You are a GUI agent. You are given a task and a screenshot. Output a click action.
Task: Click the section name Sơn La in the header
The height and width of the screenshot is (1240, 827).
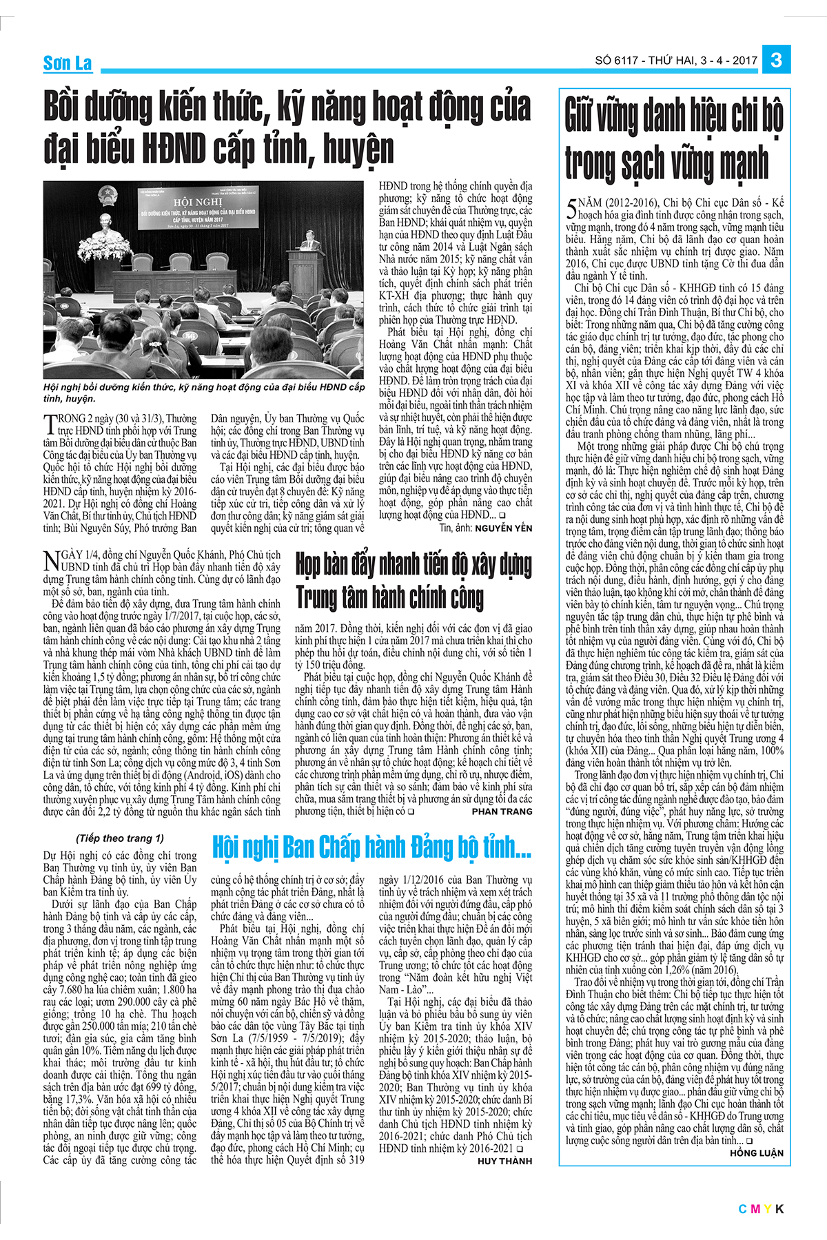pos(67,63)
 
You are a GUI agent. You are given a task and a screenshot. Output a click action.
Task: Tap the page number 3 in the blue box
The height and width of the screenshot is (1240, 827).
pos(776,61)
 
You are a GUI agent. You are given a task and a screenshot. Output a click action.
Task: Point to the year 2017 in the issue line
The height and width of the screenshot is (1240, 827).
pos(745,61)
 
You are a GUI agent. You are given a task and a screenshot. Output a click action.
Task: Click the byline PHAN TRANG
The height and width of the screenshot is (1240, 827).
pos(502,812)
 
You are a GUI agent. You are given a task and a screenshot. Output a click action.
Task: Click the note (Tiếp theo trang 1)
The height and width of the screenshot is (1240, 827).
pos(120,838)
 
